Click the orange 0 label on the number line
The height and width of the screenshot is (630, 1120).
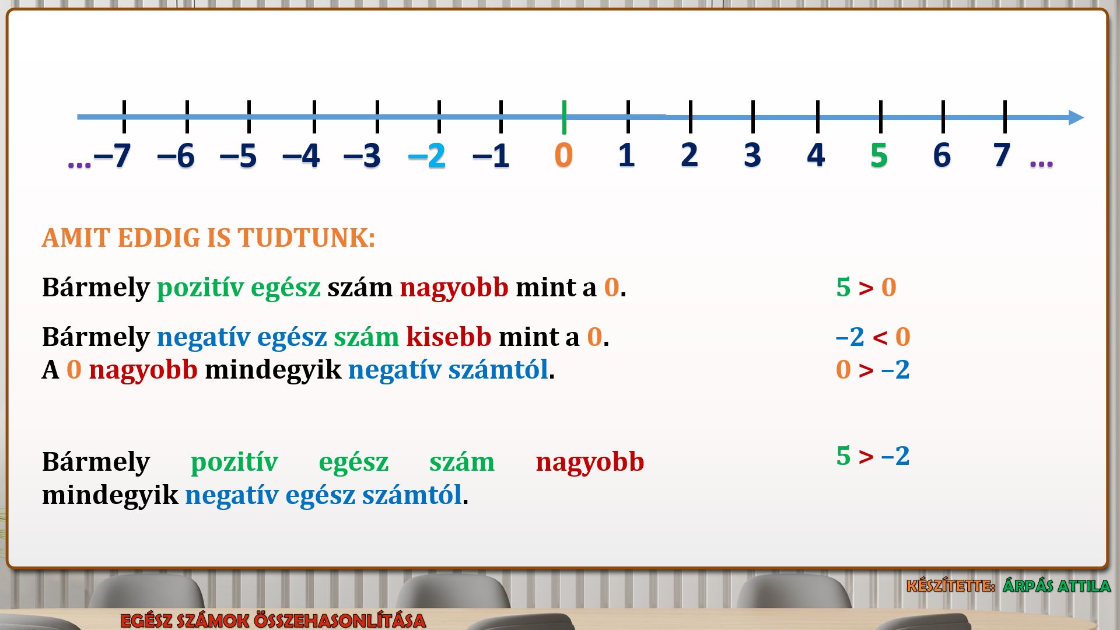click(563, 155)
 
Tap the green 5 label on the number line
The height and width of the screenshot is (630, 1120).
click(879, 155)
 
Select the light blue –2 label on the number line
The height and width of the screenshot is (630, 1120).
click(427, 156)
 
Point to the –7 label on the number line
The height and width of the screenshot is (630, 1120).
click(112, 156)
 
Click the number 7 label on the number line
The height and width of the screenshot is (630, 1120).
click(1002, 155)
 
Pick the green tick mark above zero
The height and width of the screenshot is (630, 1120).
click(564, 117)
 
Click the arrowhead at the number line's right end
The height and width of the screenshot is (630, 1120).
click(1076, 117)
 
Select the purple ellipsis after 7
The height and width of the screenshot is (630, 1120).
click(1041, 164)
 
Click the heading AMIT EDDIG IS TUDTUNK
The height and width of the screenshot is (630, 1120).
click(208, 238)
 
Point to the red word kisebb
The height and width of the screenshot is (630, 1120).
click(449, 337)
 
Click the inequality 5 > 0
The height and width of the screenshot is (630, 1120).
click(866, 287)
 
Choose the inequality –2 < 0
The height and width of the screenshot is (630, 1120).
click(873, 337)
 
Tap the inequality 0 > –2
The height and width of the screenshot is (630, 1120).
click(873, 369)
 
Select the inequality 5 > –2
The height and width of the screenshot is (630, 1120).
click(873, 456)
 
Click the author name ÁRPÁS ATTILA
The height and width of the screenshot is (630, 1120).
click(1056, 586)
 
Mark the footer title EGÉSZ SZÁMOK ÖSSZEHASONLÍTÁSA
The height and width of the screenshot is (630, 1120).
click(273, 620)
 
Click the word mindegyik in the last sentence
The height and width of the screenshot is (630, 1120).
click(110, 495)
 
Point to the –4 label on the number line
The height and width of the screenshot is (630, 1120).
click(301, 156)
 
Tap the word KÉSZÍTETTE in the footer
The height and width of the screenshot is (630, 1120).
click(951, 586)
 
